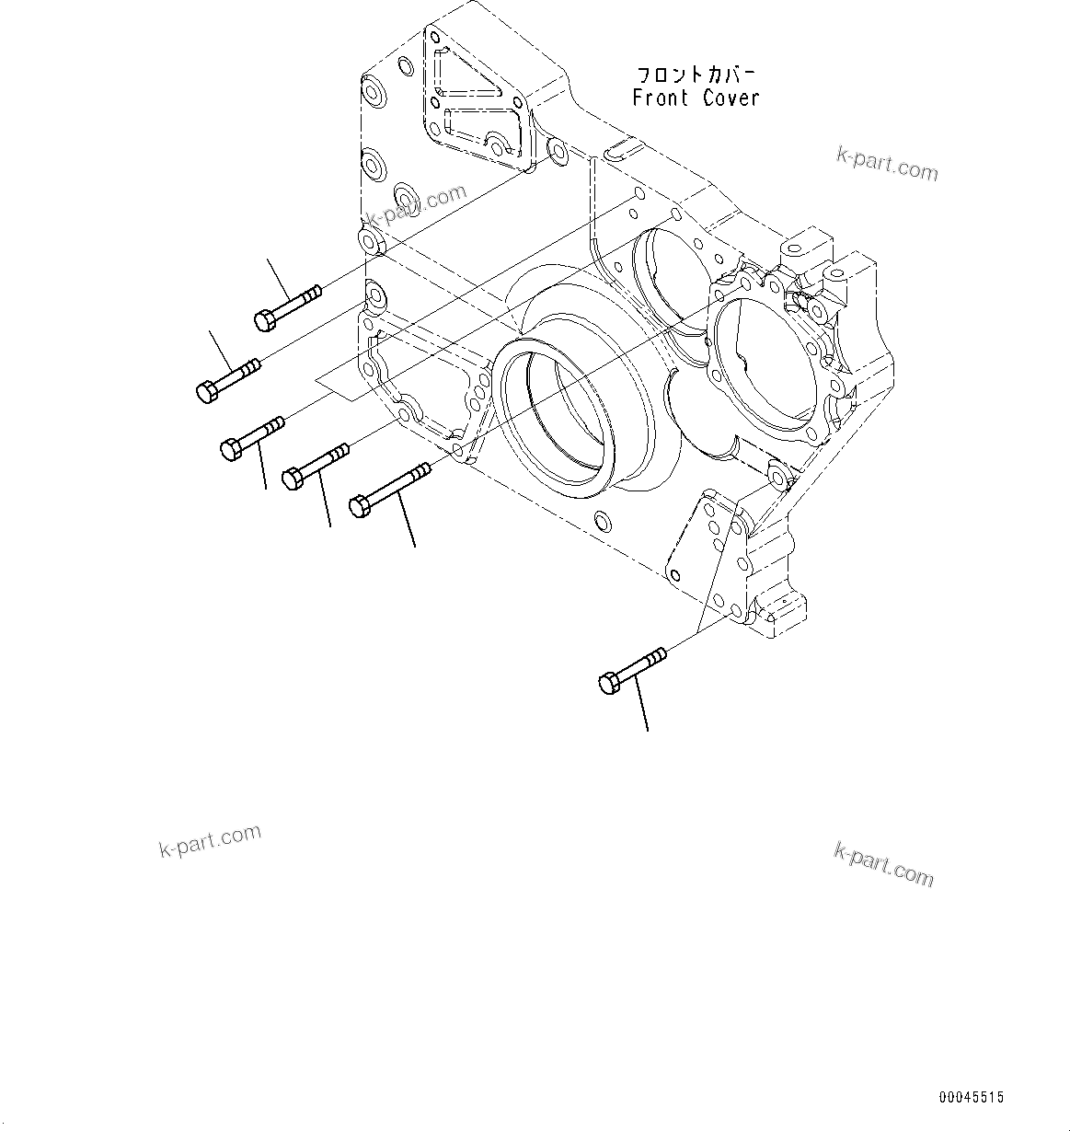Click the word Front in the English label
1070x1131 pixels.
coord(662,98)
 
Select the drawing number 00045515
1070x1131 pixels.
coord(972,1098)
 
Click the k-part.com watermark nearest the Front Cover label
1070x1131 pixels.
coord(887,165)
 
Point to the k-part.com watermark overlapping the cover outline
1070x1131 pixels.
coord(416,208)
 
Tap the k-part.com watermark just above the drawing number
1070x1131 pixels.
coord(883,863)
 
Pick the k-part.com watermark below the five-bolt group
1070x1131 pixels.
coord(210,839)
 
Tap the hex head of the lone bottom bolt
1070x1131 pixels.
coord(609,683)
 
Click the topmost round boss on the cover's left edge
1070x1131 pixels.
coord(375,93)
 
